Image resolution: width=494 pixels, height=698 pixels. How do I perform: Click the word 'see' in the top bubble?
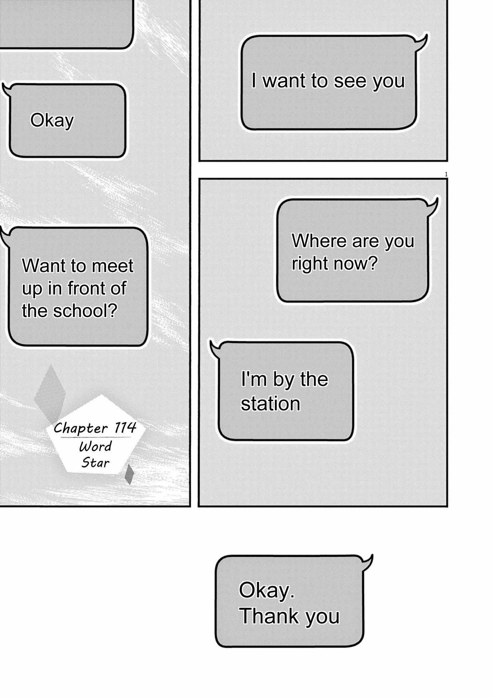pyautogui.click(x=351, y=81)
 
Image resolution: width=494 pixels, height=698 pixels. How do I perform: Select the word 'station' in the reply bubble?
pyautogui.click(x=270, y=404)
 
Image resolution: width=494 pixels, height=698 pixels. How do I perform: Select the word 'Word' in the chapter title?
pyautogui.click(x=95, y=447)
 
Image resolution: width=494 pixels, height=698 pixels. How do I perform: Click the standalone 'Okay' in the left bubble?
pyautogui.click(x=52, y=121)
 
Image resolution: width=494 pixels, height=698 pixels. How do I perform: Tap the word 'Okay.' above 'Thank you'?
pyautogui.click(x=267, y=590)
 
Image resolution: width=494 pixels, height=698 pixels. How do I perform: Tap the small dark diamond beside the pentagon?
pyautogui.click(x=129, y=474)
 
